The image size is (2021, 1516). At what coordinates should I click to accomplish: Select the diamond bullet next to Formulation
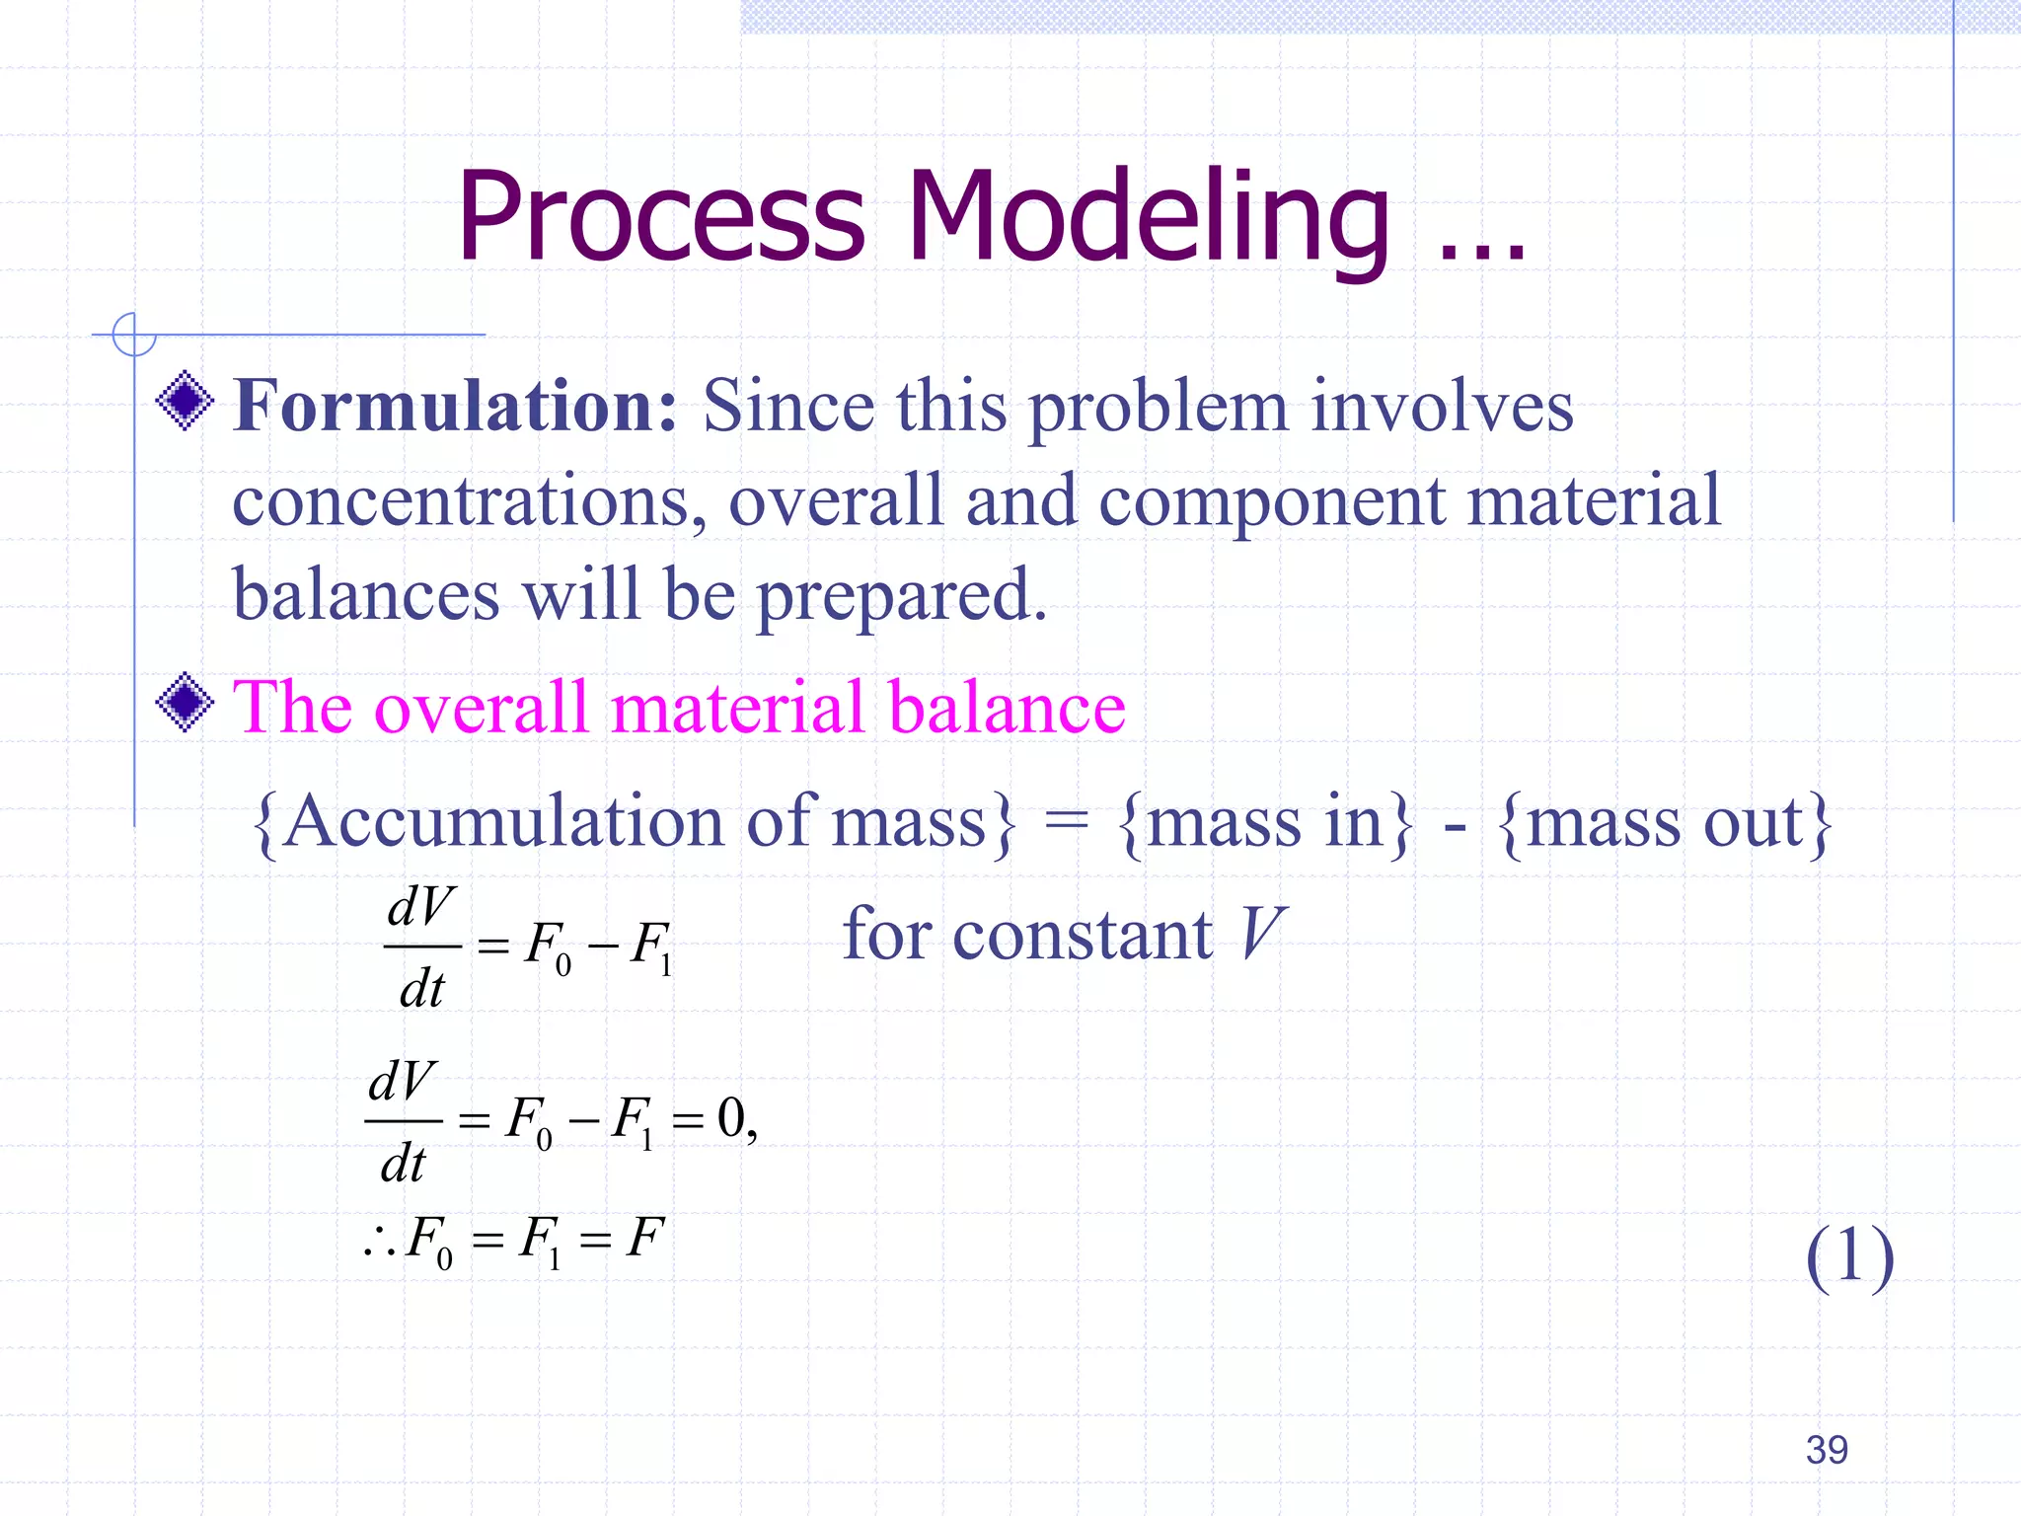point(185,401)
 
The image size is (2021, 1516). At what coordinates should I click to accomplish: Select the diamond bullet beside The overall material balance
point(185,702)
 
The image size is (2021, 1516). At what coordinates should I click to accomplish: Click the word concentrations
point(469,501)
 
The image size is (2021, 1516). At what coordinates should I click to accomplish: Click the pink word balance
point(1007,708)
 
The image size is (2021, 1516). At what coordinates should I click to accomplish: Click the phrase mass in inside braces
point(1265,822)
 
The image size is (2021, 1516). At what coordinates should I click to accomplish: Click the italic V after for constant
point(1261,934)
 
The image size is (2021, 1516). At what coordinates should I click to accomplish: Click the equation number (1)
point(1849,1255)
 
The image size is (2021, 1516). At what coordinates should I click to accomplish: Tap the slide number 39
point(1827,1450)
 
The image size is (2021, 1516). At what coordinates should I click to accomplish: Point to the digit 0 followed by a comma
point(731,1117)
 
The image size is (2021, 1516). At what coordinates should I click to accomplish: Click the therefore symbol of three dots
point(380,1242)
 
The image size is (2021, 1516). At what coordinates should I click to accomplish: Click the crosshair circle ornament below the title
point(134,335)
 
